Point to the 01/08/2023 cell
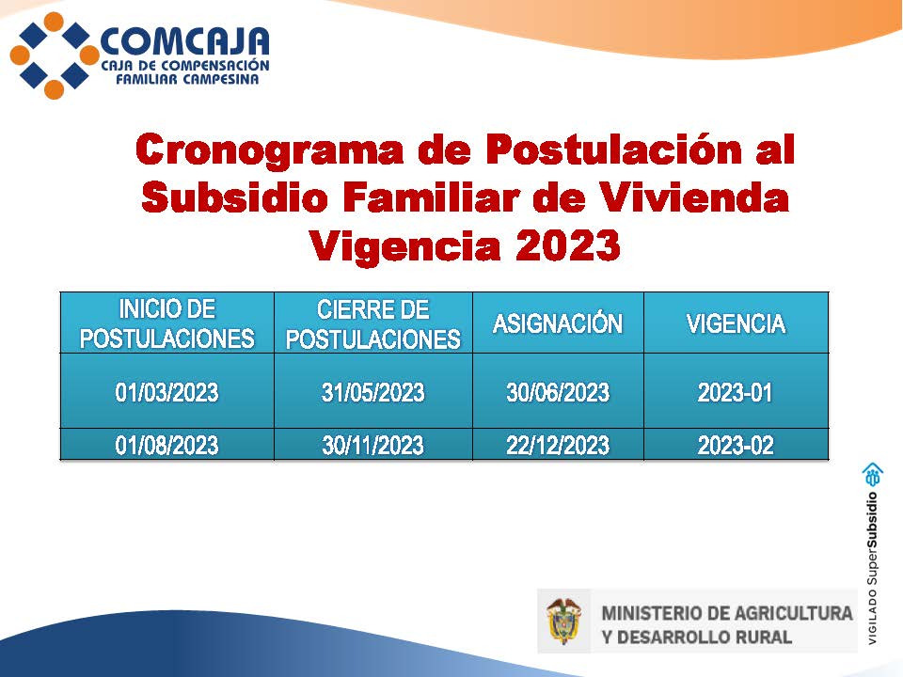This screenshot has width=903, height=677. pyautogui.click(x=167, y=445)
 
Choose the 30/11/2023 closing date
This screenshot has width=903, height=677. pyautogui.click(x=373, y=445)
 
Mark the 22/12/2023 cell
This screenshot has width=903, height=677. pyautogui.click(x=558, y=445)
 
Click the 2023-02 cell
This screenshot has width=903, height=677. pyautogui.click(x=736, y=445)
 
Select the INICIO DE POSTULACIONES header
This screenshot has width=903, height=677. pyautogui.click(x=167, y=323)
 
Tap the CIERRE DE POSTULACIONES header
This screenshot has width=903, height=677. pyautogui.click(x=373, y=324)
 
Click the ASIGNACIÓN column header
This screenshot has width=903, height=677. pyautogui.click(x=558, y=323)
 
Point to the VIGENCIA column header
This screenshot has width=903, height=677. pyautogui.click(x=736, y=323)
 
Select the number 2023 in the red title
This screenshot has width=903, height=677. pyautogui.click(x=567, y=245)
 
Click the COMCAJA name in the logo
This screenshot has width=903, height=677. pyautogui.click(x=184, y=42)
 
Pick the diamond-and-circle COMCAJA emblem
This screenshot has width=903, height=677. pyautogui.click(x=55, y=55)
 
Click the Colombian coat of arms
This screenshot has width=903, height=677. pyautogui.click(x=563, y=622)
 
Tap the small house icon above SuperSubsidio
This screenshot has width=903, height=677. pyautogui.click(x=873, y=475)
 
